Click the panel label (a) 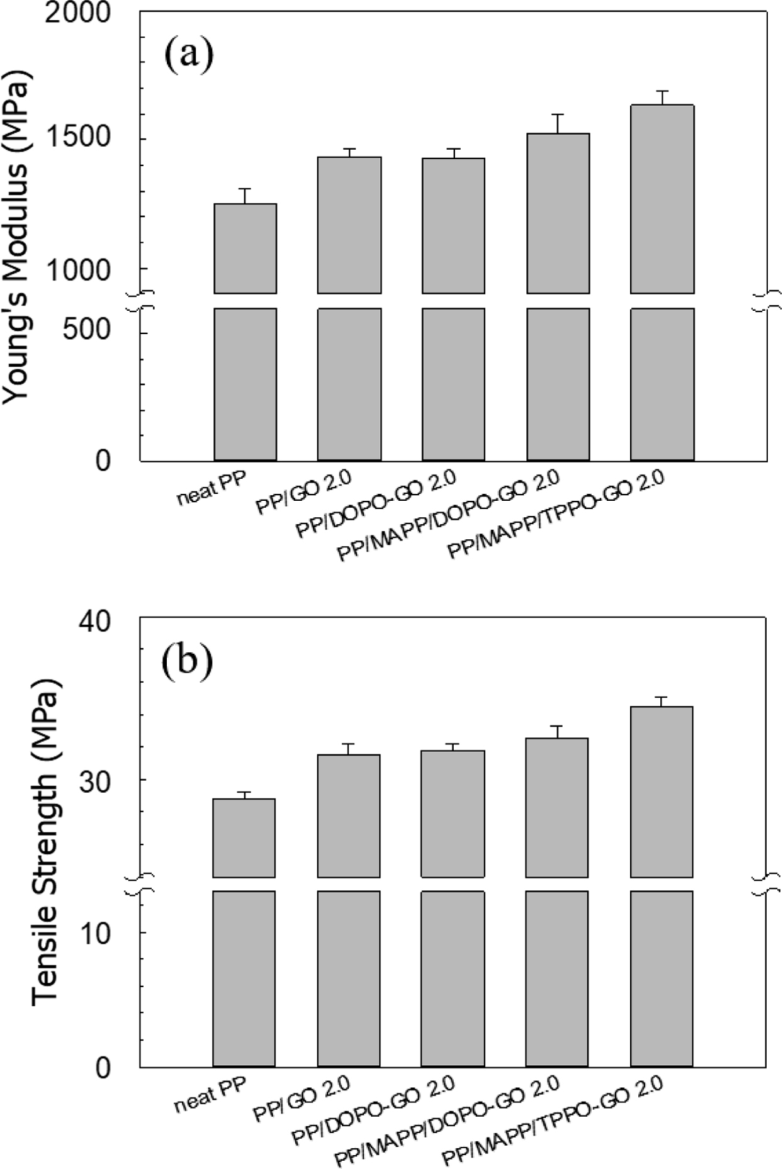click(189, 55)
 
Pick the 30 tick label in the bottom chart click(94, 780)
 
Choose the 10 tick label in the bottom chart click(94, 932)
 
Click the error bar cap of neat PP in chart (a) click(245, 189)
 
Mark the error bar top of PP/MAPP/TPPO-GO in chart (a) click(662, 91)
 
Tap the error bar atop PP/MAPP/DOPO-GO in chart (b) click(557, 726)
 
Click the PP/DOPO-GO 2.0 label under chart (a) click(376, 503)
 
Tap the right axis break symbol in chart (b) click(766, 884)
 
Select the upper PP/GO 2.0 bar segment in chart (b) click(349, 815)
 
